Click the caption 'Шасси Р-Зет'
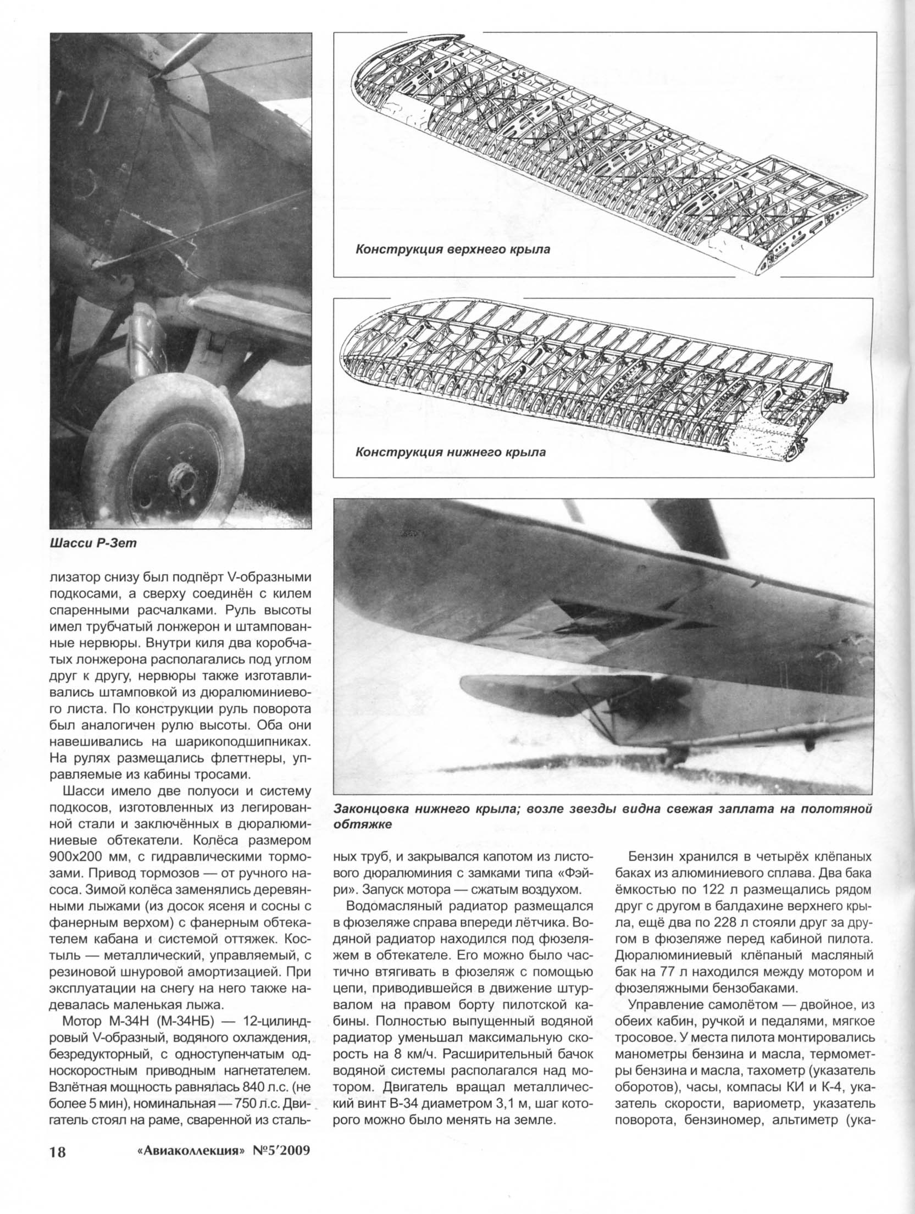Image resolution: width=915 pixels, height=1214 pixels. (92, 544)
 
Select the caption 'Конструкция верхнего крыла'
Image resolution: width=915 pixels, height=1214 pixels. (453, 250)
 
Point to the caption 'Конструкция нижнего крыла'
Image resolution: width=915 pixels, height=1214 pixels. (451, 453)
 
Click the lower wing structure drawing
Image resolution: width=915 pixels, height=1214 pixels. (594, 379)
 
